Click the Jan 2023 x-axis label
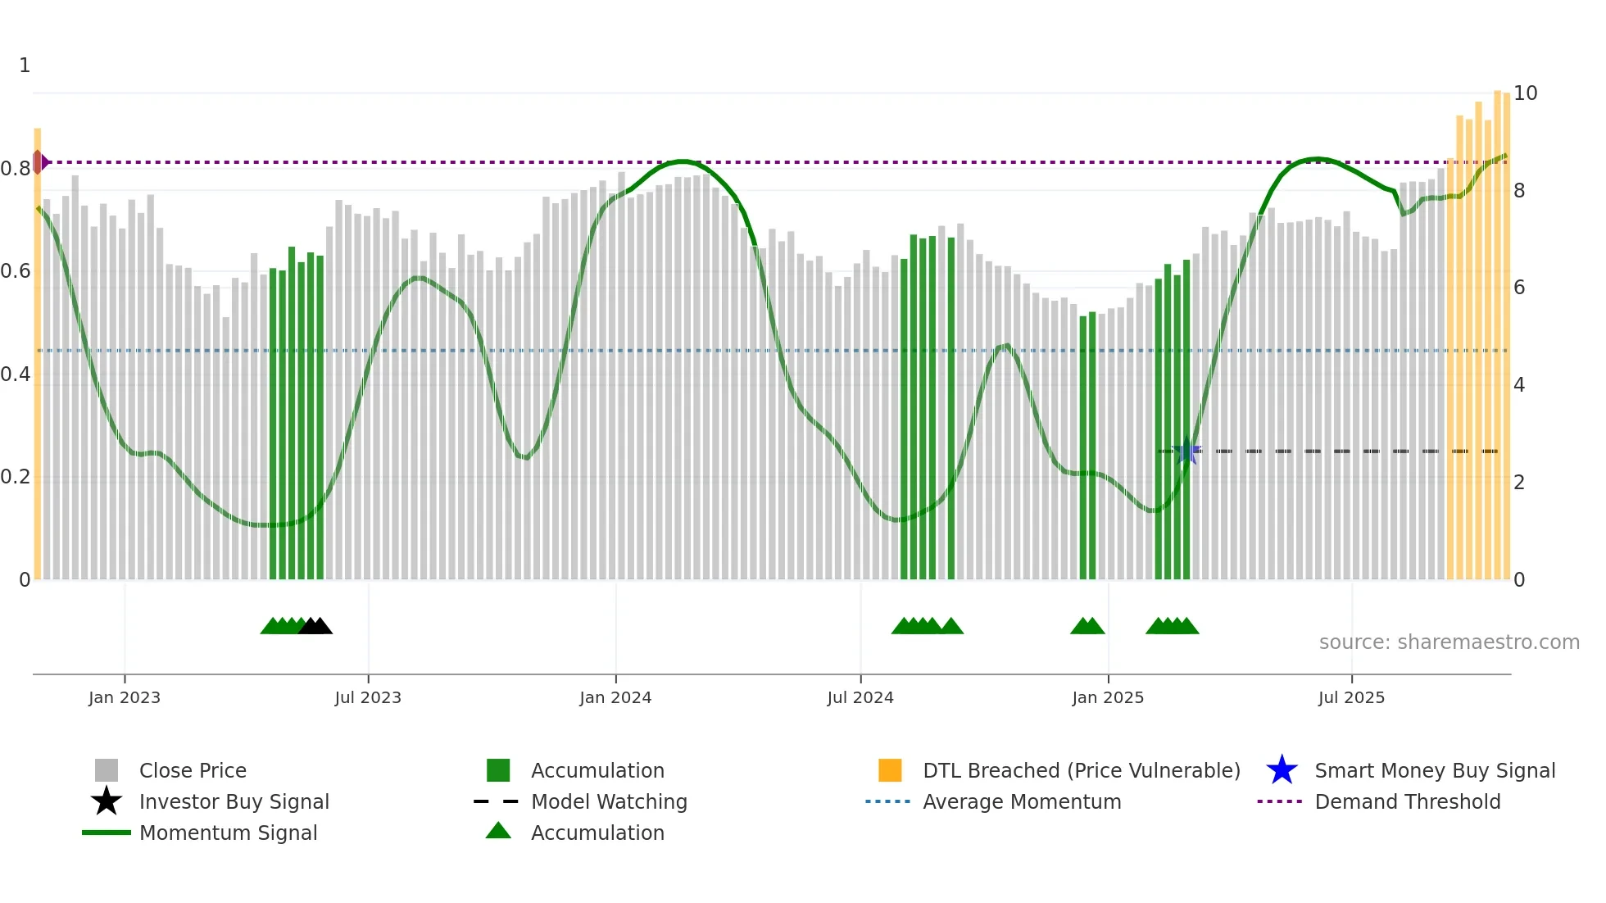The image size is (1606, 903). click(125, 697)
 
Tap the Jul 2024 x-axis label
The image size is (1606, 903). click(860, 697)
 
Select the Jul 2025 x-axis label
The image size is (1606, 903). click(1351, 697)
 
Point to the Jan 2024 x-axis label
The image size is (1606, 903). click(615, 697)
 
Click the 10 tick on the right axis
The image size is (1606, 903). click(1525, 93)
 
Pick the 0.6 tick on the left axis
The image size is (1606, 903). click(16, 271)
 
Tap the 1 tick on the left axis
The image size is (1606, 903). click(25, 66)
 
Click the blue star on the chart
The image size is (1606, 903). click(1186, 451)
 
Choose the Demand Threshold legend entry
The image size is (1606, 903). click(1407, 801)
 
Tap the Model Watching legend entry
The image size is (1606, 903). click(608, 801)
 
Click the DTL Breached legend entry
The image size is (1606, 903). click(1081, 770)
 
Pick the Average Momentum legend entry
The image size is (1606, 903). click(1021, 801)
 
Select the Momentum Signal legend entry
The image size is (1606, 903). click(228, 833)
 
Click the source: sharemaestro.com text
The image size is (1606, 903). click(1449, 642)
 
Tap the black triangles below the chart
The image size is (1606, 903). click(315, 626)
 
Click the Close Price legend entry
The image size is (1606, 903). click(192, 770)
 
